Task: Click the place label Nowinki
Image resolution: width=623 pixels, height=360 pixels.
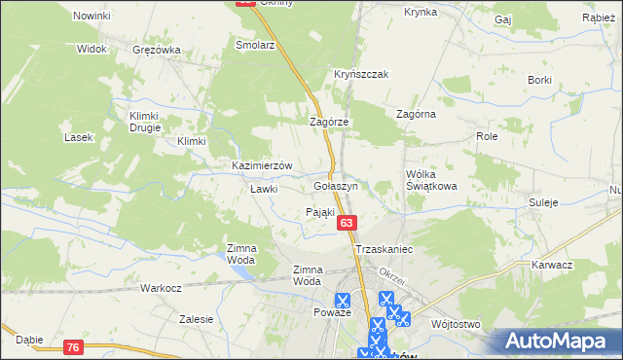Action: pyautogui.click(x=92, y=17)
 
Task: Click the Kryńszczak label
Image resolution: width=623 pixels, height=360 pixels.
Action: pyautogui.click(x=362, y=74)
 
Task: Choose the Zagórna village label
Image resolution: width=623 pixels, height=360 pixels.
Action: pyautogui.click(x=416, y=114)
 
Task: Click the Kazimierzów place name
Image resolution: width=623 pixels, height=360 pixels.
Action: pyautogui.click(x=262, y=166)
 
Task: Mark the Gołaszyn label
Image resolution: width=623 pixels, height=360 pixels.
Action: pyautogui.click(x=337, y=185)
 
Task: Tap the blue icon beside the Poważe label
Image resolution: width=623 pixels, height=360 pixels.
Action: pyautogui.click(x=343, y=303)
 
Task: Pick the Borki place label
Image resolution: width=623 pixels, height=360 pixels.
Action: pyautogui.click(x=540, y=79)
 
